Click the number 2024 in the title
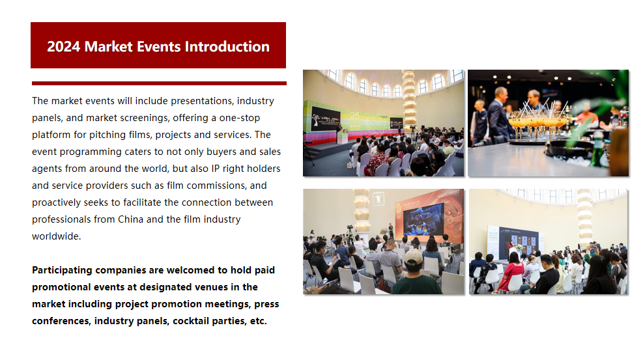64,47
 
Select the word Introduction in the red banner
227,47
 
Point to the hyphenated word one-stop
240,118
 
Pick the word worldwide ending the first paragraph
56,236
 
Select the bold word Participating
62,271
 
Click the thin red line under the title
159,83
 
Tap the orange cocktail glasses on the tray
538,123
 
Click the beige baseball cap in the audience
413,257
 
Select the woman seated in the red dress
510,272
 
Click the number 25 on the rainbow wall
354,116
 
